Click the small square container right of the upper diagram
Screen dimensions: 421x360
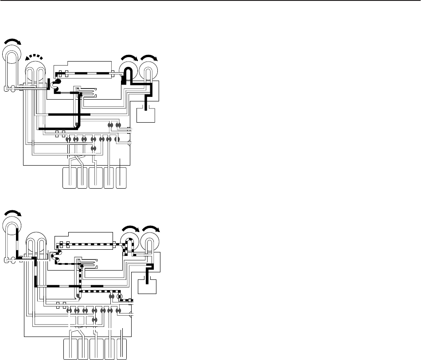146,114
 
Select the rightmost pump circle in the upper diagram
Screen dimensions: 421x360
149,71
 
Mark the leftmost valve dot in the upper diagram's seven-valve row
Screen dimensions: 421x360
68,139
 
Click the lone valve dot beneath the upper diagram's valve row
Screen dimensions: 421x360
94,148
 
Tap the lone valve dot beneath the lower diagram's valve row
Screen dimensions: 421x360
94,320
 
